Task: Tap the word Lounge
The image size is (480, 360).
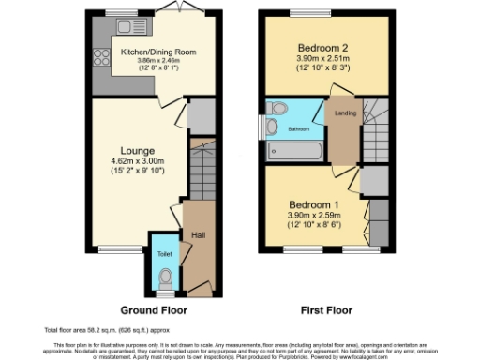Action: tap(137, 150)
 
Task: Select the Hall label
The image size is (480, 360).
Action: tap(198, 234)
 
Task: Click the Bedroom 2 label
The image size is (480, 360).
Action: tap(324, 47)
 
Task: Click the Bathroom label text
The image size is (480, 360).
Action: tap(298, 128)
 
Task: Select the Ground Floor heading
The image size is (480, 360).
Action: tap(154, 310)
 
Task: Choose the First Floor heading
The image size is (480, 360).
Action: tap(325, 310)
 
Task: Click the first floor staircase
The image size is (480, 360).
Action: tap(376, 131)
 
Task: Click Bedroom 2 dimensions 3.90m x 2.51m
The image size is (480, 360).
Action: tap(324, 58)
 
